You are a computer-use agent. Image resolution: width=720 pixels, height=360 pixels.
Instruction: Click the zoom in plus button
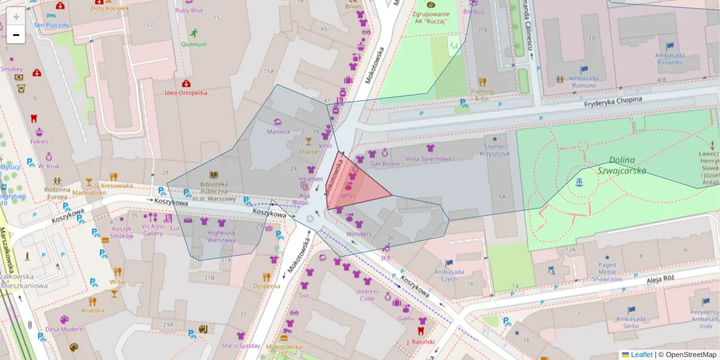click(16, 16)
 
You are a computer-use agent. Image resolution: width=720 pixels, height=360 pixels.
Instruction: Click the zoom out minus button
click(16, 35)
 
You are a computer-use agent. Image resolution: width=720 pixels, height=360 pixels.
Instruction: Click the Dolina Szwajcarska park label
click(618, 166)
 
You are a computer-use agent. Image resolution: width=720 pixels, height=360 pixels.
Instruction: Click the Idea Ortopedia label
click(186, 93)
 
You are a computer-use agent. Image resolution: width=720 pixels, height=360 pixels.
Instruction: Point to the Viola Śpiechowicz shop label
click(430, 159)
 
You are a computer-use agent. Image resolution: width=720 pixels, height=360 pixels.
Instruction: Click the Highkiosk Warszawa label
click(221, 236)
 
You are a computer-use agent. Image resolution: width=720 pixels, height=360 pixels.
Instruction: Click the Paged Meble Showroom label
click(607, 272)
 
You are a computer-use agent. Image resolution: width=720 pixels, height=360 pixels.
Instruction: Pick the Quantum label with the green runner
click(194, 44)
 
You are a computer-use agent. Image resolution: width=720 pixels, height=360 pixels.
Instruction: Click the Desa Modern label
click(64, 329)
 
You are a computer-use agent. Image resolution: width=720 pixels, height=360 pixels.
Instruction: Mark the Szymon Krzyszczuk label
click(496, 149)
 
